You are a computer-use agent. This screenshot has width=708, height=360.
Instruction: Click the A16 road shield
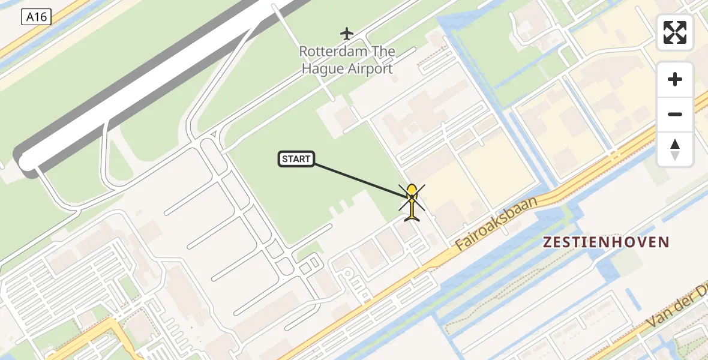click(36, 17)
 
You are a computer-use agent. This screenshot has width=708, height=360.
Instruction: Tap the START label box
click(296, 159)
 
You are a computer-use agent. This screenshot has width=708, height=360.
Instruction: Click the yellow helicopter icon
click(412, 202)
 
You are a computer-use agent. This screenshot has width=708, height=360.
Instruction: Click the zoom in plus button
click(675, 79)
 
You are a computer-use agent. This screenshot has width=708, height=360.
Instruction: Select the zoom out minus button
click(675, 114)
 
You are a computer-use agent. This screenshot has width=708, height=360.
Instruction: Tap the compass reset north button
click(675, 149)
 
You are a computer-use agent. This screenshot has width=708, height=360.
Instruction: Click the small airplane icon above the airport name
click(347, 33)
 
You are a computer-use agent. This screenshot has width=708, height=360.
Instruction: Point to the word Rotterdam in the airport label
click(332, 52)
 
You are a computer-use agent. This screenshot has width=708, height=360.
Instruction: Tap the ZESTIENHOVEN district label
click(606, 242)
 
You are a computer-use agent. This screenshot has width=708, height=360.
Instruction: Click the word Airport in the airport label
click(370, 68)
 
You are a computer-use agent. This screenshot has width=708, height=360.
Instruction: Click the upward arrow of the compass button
click(675, 144)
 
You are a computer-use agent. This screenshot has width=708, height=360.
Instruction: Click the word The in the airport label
click(383, 52)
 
